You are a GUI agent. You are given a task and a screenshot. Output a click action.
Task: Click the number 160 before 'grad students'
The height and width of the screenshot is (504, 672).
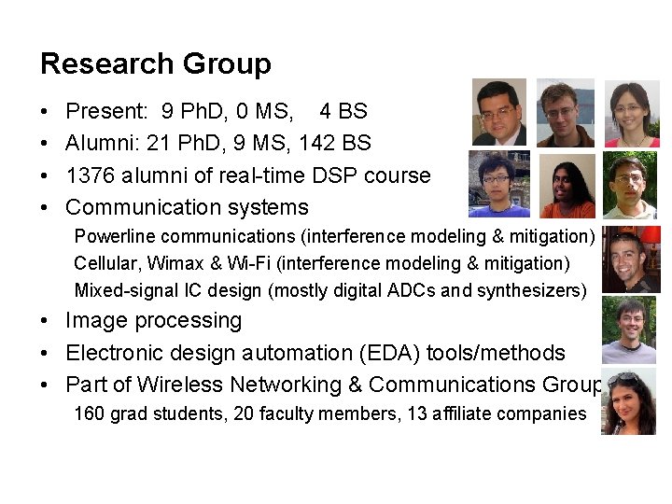click(90, 413)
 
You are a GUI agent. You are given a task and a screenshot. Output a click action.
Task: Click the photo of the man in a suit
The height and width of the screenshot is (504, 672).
click(498, 112)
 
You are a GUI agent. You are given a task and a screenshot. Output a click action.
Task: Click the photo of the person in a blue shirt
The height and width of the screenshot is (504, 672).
click(498, 184)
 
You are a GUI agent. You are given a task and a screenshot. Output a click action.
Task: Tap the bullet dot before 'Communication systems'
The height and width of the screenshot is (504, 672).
click(45, 207)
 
